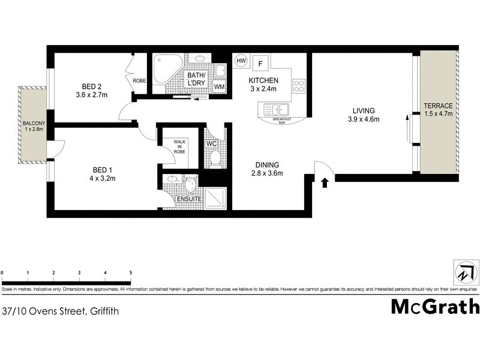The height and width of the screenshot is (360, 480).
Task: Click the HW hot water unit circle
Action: pos(241,61)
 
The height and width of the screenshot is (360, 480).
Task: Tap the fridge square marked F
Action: pos(260,62)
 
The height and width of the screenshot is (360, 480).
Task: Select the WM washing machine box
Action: pos(219,88)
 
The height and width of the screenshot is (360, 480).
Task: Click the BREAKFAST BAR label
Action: pos(281,120)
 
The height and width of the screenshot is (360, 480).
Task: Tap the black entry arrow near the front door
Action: pos(325,182)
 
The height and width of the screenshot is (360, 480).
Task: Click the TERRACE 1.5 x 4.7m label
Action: pos(438,109)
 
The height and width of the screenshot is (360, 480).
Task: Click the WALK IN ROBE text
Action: pos(181,147)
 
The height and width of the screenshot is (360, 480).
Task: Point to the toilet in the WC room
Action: pos(215,158)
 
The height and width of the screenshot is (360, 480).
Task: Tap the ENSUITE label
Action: pos(181,199)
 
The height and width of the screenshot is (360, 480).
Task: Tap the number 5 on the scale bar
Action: pos(131,273)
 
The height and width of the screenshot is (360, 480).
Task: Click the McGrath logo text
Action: pos(435,307)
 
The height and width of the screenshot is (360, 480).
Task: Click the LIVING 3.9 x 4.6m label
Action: pos(364,115)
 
